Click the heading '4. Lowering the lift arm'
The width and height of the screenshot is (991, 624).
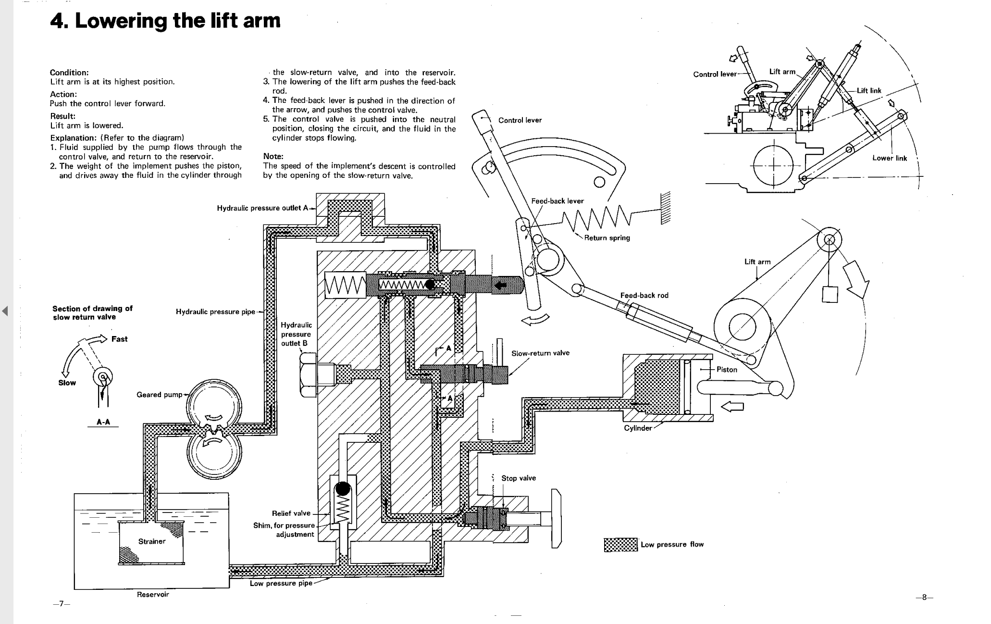coord(165,21)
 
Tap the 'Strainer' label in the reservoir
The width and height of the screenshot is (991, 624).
coord(152,541)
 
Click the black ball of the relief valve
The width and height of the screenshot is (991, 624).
coord(343,488)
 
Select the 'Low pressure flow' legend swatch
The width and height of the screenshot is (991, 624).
coord(620,545)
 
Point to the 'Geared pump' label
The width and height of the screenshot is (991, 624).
coord(159,395)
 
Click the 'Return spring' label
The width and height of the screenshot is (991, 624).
coord(607,238)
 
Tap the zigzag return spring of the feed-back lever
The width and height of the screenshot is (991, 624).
coord(596,219)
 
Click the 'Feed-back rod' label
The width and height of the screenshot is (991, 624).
coord(644,295)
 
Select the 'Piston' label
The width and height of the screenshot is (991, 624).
coord(727,369)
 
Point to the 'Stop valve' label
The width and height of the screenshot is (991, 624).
coord(519,478)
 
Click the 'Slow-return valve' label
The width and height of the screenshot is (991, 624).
coord(540,353)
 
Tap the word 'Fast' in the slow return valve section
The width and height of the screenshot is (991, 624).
coord(119,339)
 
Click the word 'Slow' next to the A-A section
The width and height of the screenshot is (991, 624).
coord(67,383)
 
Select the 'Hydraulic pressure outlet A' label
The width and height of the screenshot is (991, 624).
coord(262,208)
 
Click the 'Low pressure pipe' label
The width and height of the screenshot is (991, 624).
coord(281,583)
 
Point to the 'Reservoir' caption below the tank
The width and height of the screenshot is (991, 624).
coord(153,594)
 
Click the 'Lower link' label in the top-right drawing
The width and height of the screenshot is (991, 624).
coord(890,158)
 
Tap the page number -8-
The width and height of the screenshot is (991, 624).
coord(924,598)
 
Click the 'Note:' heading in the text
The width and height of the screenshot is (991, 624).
coord(273,156)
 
